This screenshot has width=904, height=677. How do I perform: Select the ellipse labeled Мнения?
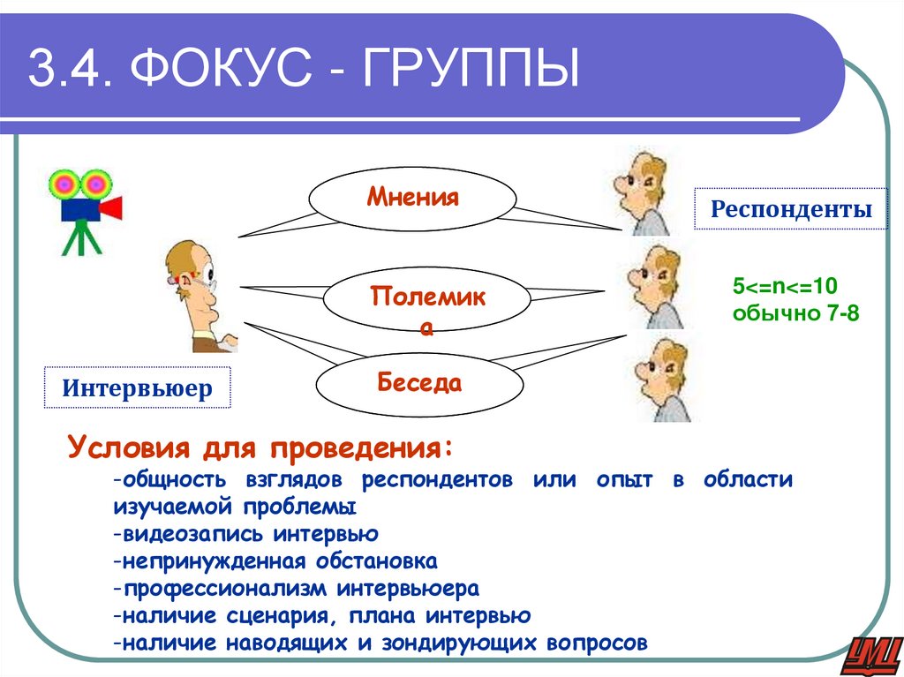[x=413, y=198]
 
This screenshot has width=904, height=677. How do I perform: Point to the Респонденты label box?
[x=790, y=209]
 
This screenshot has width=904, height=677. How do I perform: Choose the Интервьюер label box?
[x=138, y=388]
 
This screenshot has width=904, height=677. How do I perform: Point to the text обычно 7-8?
[x=795, y=312]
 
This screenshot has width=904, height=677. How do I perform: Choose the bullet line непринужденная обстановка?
[x=275, y=561]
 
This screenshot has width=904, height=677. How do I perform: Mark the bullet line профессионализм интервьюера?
[x=296, y=588]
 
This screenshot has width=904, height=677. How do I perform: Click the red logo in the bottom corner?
[x=870, y=654]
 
